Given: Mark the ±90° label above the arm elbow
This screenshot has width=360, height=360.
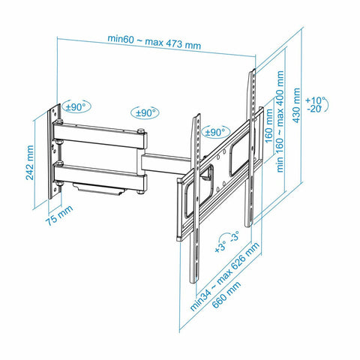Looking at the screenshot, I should pos(144,112).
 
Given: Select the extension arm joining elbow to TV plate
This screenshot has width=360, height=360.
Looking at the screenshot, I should pos(166,161).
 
